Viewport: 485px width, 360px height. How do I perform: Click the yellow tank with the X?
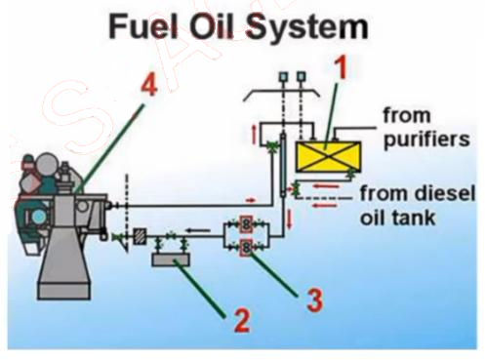pos(327,157)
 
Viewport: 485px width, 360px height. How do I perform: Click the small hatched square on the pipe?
pos(140,237)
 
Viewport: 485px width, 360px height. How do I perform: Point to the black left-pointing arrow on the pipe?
pos(199,231)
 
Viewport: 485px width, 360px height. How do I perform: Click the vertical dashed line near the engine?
pos(127,205)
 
